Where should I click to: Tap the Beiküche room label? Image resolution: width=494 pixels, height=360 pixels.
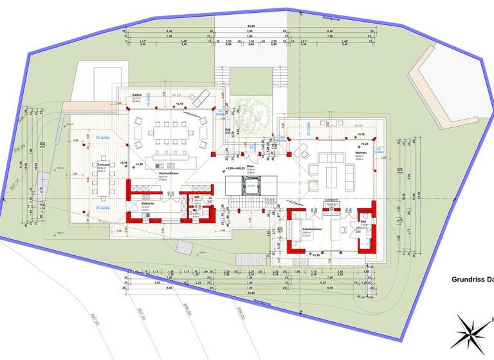click(x=146, y=204)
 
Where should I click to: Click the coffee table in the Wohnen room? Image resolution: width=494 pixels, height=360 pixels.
click(x=334, y=173)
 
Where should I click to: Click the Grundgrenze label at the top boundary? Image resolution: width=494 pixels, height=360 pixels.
click(x=332, y=19)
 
